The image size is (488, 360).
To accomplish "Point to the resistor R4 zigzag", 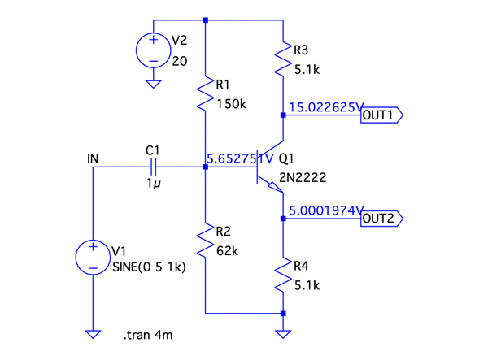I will click(283, 276).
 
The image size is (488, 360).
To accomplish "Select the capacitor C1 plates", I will click(152, 167).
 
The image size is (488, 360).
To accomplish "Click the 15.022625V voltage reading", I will click(325, 106).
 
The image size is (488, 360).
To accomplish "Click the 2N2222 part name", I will click(301, 176).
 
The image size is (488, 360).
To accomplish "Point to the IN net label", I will click(93, 158).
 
